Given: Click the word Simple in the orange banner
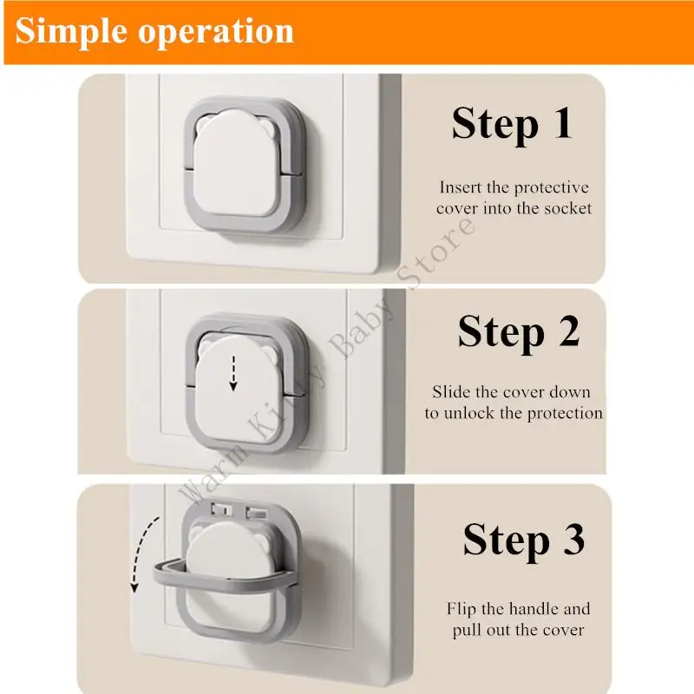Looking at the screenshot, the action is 71,32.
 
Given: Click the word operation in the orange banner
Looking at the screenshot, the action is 216,32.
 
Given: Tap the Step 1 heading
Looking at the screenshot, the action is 512,124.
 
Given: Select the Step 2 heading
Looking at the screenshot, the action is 519,332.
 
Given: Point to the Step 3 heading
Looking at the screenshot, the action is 524,540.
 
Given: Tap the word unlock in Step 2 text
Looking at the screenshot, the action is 468,413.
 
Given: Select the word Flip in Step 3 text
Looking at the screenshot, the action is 461,609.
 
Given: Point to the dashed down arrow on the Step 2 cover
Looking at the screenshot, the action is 233,373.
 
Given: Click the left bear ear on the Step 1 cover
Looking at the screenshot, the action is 205,124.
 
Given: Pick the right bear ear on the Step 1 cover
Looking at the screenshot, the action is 268,127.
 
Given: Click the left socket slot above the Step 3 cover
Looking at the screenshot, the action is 221,510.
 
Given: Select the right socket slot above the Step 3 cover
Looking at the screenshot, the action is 257,513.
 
